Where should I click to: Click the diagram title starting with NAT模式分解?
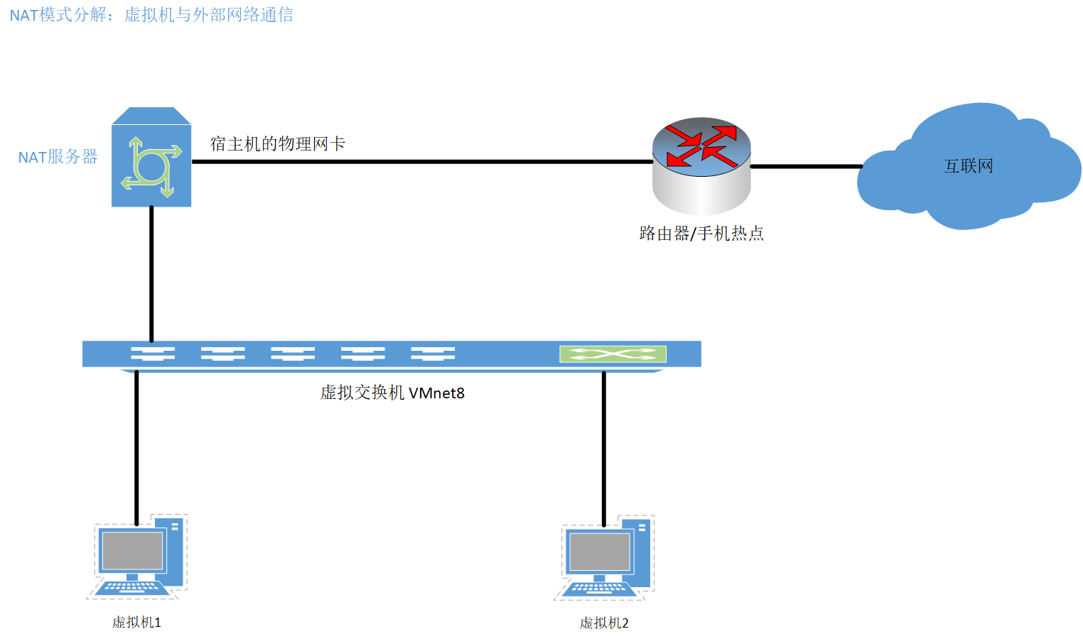pyautogui.click(x=151, y=15)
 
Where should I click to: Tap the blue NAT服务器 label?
pyautogui.click(x=58, y=157)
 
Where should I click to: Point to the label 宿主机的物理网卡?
pyautogui.click(x=277, y=144)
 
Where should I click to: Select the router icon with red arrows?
pyautogui.click(x=701, y=165)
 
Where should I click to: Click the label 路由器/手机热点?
pyautogui.click(x=701, y=234)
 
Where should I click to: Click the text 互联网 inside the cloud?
pyautogui.click(x=968, y=166)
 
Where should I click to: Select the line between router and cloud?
pyautogui.click(x=806, y=167)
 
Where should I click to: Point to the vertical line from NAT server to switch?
pyautogui.click(x=151, y=273)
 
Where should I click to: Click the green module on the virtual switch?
pyautogui.click(x=613, y=354)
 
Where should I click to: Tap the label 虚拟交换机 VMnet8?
pyautogui.click(x=392, y=393)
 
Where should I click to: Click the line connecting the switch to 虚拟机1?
pyautogui.click(x=136, y=447)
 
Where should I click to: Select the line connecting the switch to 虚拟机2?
pyautogui.click(x=604, y=447)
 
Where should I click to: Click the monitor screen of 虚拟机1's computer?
pyautogui.click(x=132, y=551)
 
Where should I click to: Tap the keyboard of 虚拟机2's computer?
pyautogui.click(x=599, y=589)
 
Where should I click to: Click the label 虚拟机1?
pyautogui.click(x=136, y=623)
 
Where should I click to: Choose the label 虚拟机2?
pyautogui.click(x=604, y=623)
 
